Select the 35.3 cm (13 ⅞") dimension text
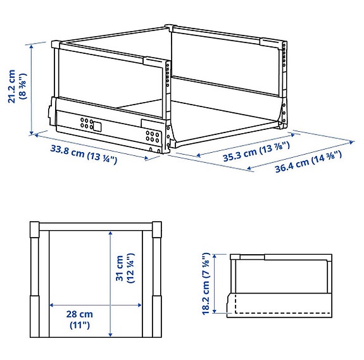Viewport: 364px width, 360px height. coord(257,151)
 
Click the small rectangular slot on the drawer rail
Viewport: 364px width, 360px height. coord(96,125)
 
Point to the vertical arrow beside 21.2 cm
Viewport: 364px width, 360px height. coord(30,88)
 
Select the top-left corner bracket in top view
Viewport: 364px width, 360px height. coord(36,226)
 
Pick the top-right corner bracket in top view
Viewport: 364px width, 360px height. coord(158,226)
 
